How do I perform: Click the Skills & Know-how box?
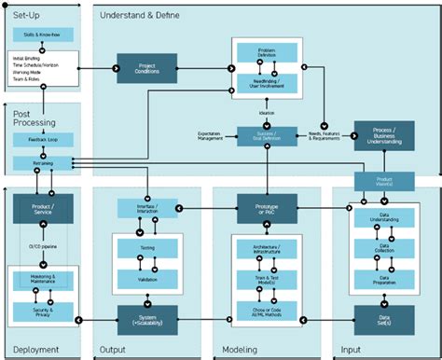42,35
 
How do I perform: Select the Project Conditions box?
145,68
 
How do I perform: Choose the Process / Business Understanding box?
383,135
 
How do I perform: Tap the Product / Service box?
42,208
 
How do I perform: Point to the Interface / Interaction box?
145,208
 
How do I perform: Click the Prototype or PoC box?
267,208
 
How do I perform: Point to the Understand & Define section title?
141,16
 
